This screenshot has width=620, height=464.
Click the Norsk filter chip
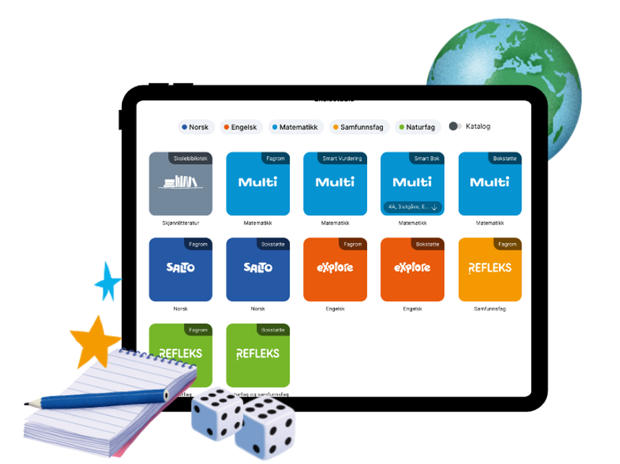click(x=194, y=127)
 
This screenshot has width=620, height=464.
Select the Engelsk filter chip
click(x=240, y=127)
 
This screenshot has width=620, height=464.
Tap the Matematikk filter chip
click(x=294, y=127)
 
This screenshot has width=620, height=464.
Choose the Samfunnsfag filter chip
click(x=358, y=127)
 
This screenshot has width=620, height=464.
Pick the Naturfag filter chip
click(x=416, y=127)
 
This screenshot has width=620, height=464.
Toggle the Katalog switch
click(x=455, y=127)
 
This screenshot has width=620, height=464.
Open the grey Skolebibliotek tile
click(x=180, y=183)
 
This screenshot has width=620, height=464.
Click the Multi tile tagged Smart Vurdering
click(x=335, y=183)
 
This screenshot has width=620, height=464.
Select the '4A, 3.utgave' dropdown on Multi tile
click(x=412, y=207)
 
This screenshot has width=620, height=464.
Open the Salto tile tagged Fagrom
click(x=180, y=269)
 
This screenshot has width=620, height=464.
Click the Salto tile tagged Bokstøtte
click(x=258, y=269)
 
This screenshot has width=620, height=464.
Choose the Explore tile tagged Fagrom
click(x=335, y=269)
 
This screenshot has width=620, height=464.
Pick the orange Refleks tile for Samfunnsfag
click(x=490, y=269)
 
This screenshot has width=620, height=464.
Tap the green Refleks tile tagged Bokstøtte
click(x=258, y=355)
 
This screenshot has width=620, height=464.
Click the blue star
click(x=108, y=281)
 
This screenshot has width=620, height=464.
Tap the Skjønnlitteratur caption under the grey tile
click(x=180, y=223)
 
